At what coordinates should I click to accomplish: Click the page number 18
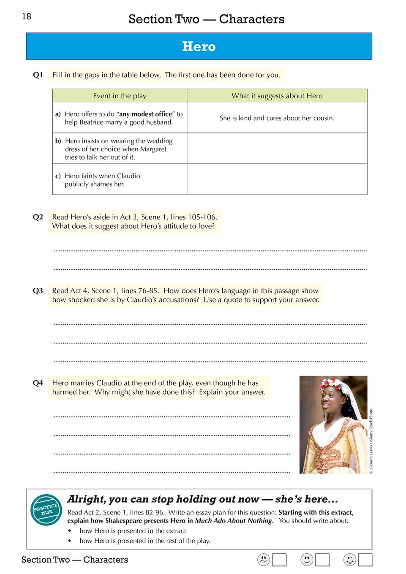pyautogui.click(x=27, y=16)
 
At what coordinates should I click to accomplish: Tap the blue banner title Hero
pyautogui.click(x=199, y=46)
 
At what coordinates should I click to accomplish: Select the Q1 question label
pyautogui.click(x=38, y=75)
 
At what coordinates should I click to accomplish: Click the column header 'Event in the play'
pyautogui.click(x=120, y=96)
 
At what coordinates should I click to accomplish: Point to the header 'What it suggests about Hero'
pyautogui.click(x=277, y=96)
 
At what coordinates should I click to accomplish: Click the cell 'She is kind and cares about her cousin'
pyautogui.click(x=277, y=118)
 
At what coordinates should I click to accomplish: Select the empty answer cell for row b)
pyautogui.click(x=277, y=149)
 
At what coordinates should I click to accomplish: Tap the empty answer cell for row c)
pyautogui.click(x=277, y=179)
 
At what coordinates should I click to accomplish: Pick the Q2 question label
pyautogui.click(x=38, y=217)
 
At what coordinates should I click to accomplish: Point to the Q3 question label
pyautogui.click(x=38, y=291)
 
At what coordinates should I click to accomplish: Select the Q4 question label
pyautogui.click(x=38, y=383)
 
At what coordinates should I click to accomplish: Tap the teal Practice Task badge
pyautogui.click(x=46, y=509)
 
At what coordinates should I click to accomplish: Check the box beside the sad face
pyautogui.click(x=279, y=560)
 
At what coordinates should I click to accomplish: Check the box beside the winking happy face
pyautogui.click(x=365, y=560)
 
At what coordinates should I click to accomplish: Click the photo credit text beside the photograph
pyautogui.click(x=371, y=441)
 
